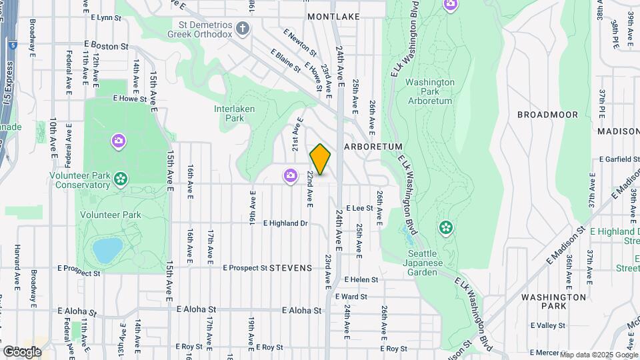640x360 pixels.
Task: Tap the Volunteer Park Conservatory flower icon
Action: click(121, 178)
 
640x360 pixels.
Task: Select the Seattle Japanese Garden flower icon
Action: click(445, 228)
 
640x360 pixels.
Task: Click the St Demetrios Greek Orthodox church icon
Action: click(243, 28)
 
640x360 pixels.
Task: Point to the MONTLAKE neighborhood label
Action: click(333, 16)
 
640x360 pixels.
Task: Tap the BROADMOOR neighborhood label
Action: click(547, 115)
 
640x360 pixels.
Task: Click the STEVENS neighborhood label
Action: click(291, 268)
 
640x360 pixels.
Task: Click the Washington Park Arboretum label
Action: click(429, 91)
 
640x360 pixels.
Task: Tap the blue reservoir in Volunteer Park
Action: click(107, 250)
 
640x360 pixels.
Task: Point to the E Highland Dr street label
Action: click(285, 223)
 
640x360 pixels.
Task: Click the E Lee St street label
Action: click(359, 208)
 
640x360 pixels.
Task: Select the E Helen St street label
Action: click(361, 280)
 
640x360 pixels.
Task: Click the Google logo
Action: click(22, 351)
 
